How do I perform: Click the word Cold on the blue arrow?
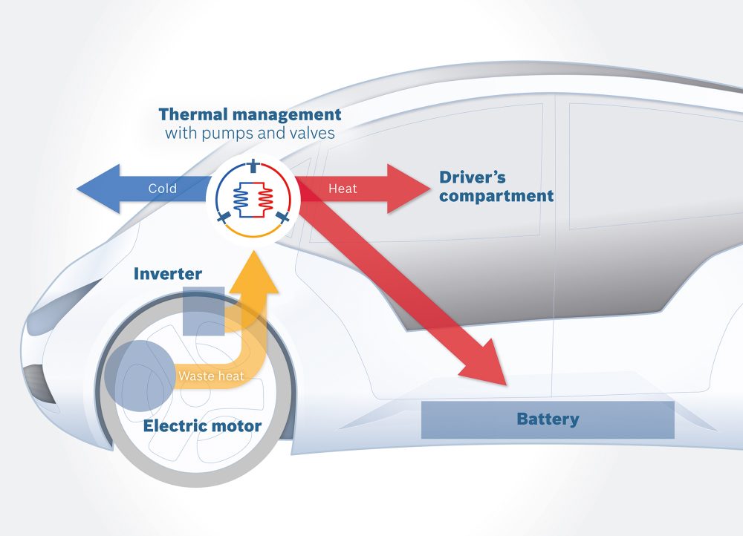pos(162,189)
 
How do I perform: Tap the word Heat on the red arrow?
pos(343,189)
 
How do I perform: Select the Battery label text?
pos(548,419)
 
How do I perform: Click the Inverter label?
pos(167,274)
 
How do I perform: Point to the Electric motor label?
pos(202,426)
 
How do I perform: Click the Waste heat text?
pos(211,376)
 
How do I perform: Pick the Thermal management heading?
pos(250,115)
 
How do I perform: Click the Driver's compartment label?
pos(496,187)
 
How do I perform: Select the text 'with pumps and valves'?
pos(250,134)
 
